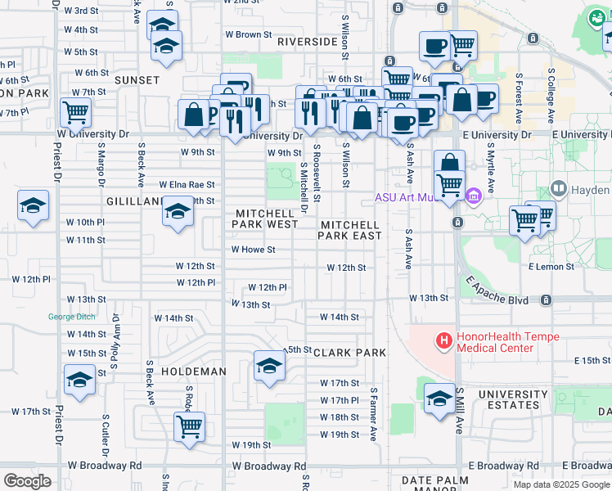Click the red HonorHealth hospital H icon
(x=443, y=340)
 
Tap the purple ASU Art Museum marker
(x=473, y=196)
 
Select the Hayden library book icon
(x=559, y=189)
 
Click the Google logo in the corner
(x=27, y=480)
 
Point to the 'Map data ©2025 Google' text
(x=561, y=484)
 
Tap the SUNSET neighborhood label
(x=137, y=80)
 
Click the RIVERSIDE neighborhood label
(x=308, y=41)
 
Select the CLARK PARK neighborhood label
(x=349, y=353)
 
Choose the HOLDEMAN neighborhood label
(x=193, y=372)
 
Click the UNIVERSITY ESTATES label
(x=513, y=399)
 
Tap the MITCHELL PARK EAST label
(x=350, y=230)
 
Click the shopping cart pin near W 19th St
(x=189, y=426)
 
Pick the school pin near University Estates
(x=439, y=399)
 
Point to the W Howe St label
(x=253, y=250)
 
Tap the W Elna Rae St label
(x=187, y=185)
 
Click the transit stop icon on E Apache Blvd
(x=544, y=300)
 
